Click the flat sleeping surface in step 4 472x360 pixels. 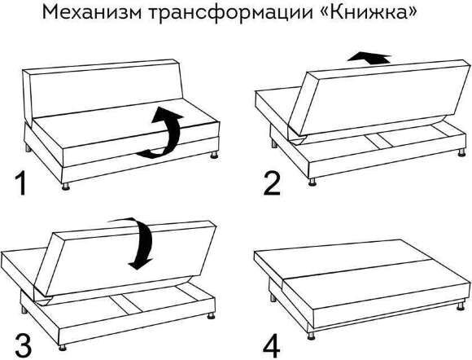pyautogui.click(x=358, y=269)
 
